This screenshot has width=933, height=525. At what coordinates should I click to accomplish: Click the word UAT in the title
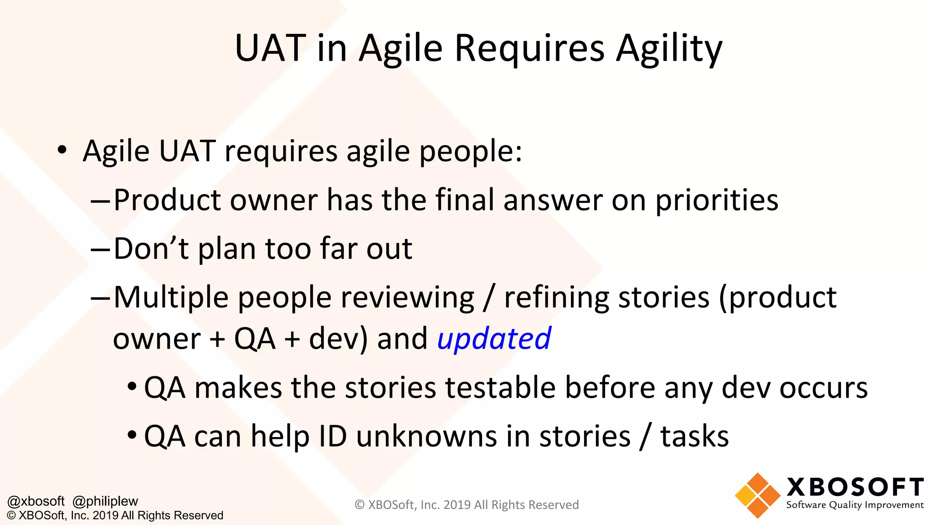(271, 48)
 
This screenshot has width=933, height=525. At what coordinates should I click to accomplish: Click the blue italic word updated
(494, 339)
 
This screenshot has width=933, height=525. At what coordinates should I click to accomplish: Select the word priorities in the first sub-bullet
(717, 201)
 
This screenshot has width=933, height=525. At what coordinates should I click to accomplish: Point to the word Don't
(151, 249)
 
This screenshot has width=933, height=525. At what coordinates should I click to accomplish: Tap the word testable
(500, 388)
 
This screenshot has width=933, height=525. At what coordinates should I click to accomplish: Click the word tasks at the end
(694, 437)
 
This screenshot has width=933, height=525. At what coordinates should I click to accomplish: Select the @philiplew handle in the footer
(105, 501)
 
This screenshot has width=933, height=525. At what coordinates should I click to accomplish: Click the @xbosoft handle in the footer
(36, 501)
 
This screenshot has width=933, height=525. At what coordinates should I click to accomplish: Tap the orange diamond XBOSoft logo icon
(758, 496)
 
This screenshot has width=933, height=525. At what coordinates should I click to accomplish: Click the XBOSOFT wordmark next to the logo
(855, 487)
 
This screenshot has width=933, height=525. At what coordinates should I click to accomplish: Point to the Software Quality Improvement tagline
(855, 505)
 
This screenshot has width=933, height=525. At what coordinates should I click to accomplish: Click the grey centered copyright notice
(466, 505)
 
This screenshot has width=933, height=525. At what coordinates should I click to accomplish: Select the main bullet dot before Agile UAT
(62, 150)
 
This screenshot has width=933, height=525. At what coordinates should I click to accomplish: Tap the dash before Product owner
(100, 201)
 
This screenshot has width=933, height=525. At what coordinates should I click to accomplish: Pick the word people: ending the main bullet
(470, 152)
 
